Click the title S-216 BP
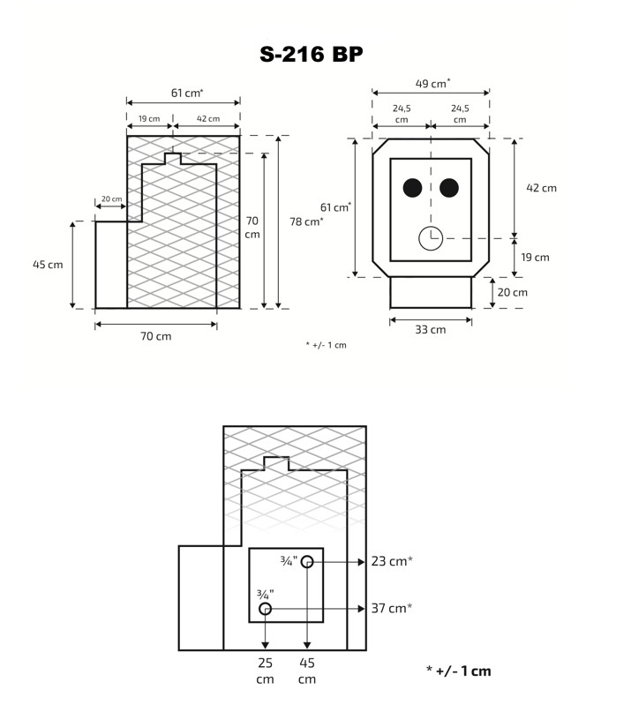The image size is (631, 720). (312, 54)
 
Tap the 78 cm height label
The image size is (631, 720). (306, 221)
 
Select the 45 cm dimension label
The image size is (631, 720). (48, 265)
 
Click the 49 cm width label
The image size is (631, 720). (432, 83)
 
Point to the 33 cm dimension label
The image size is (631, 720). (431, 329)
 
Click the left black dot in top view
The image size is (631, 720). (412, 188)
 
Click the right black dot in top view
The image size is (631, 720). (449, 188)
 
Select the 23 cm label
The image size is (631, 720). (392, 561)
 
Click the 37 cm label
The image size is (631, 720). (392, 608)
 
